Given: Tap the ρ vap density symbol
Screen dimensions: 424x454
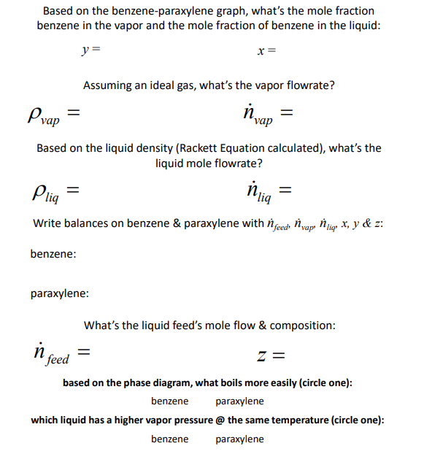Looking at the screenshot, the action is [42, 115].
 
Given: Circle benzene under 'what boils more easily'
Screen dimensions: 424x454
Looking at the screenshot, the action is [169, 401].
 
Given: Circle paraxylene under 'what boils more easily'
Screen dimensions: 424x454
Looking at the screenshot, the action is [239, 401].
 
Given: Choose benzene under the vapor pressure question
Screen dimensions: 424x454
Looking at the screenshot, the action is [169, 439].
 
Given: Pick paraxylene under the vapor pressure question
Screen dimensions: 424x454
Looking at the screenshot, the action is [239, 439].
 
